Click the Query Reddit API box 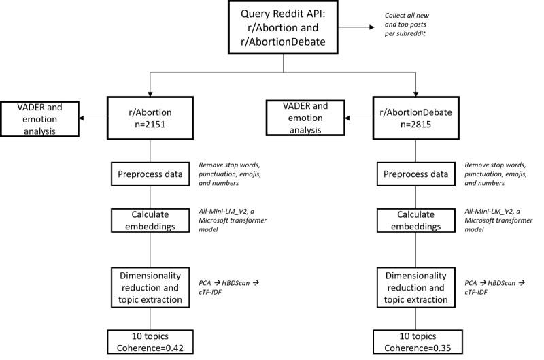(284, 29)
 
